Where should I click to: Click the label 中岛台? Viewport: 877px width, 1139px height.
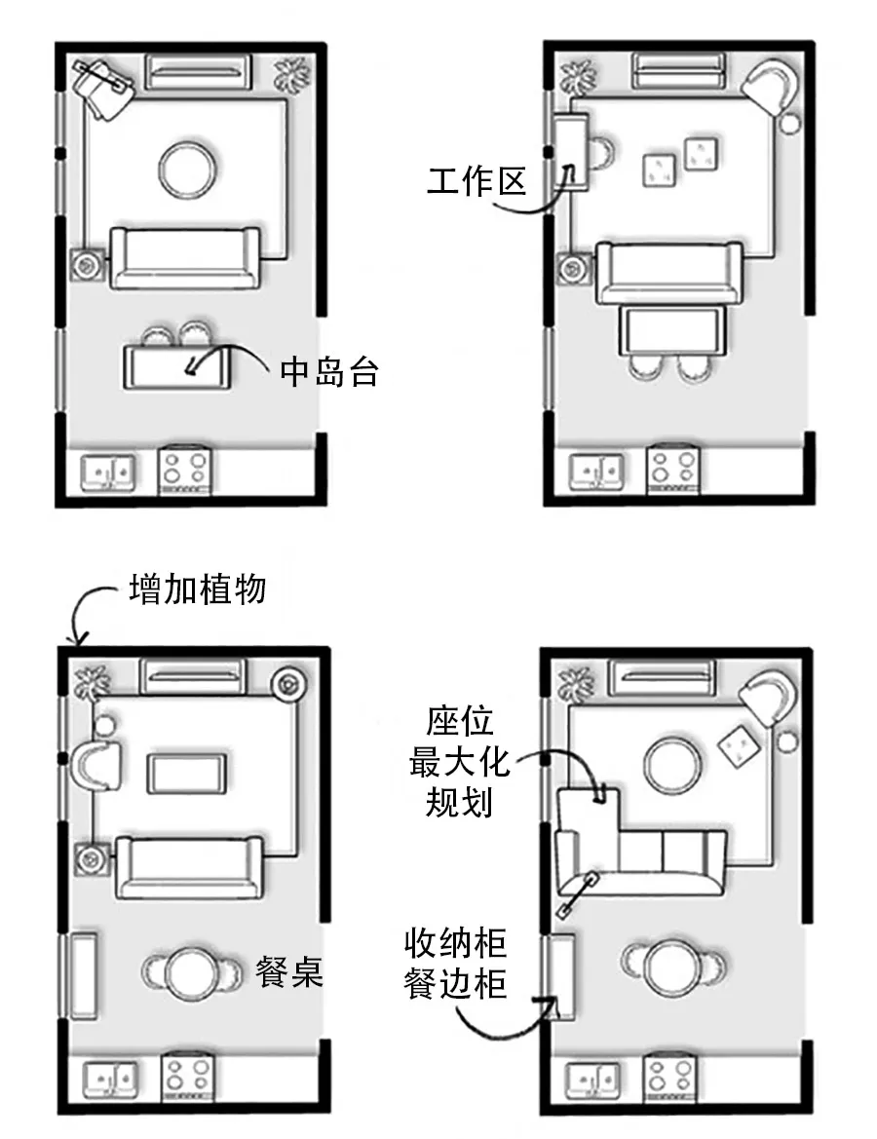(328, 371)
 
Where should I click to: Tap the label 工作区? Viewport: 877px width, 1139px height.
(476, 181)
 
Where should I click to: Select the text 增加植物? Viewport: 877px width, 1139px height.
(198, 589)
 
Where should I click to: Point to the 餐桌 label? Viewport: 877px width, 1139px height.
(288, 971)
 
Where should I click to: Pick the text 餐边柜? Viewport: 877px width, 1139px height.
(455, 984)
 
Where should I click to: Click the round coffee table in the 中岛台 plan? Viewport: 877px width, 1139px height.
(187, 168)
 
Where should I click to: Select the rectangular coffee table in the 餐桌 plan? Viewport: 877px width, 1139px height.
(188, 774)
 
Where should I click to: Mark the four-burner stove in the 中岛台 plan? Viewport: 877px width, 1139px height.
(185, 469)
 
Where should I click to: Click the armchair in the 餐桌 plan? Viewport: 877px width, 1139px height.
(98, 763)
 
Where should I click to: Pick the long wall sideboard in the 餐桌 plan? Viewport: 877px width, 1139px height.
(82, 975)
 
